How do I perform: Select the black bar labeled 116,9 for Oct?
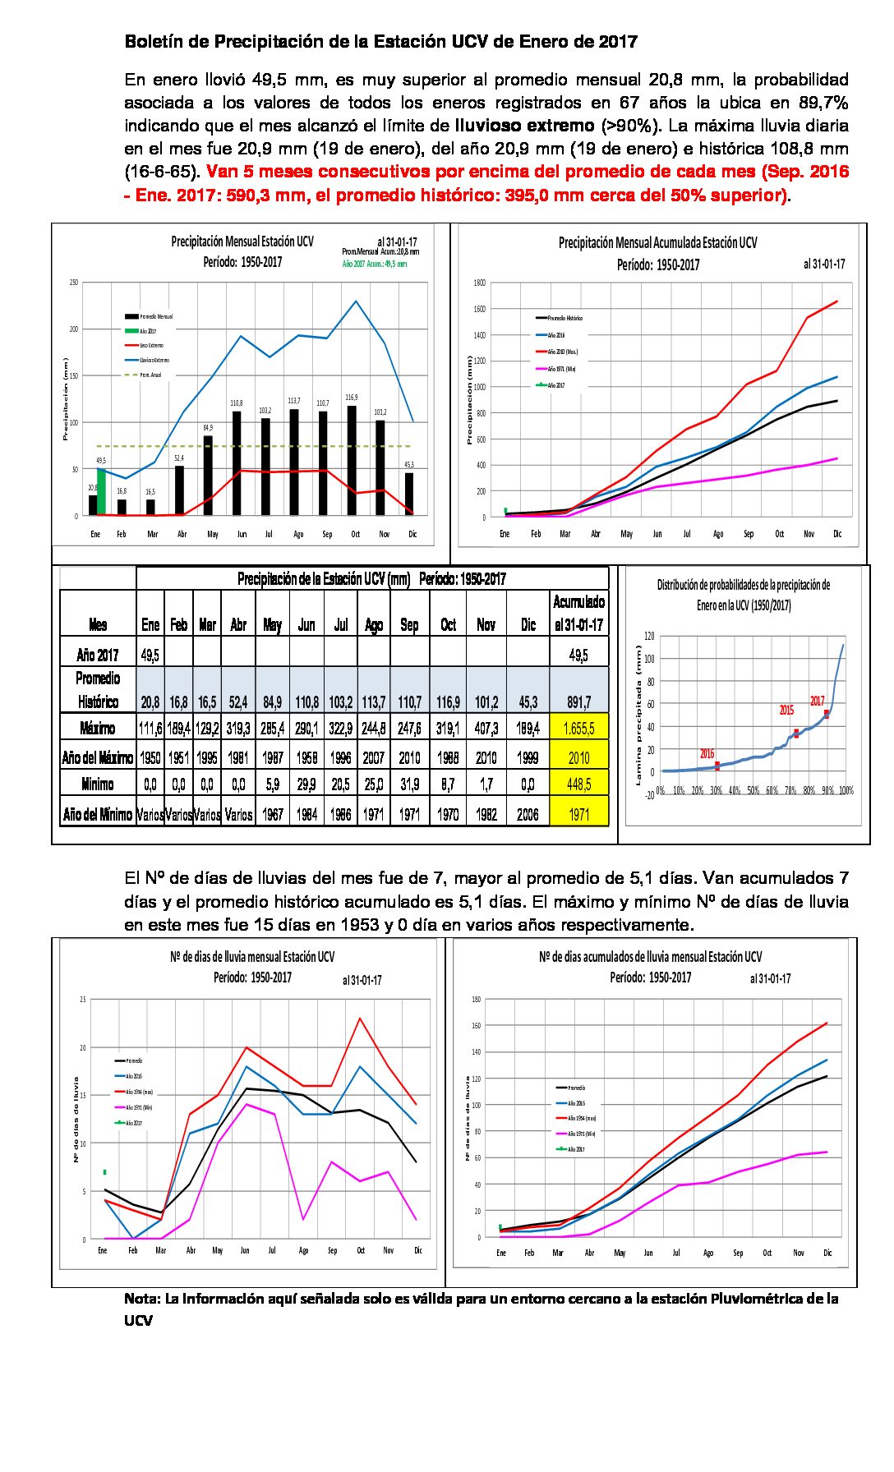tap(352, 461)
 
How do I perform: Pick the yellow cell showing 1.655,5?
tap(578, 728)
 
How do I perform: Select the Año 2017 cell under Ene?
tap(150, 655)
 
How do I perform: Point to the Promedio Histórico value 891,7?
tap(578, 702)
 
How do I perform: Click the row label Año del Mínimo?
tap(98, 814)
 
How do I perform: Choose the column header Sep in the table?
tap(409, 625)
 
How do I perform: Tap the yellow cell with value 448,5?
tap(578, 784)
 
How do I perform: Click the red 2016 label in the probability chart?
tap(707, 753)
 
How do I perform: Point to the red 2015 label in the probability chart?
tap(786, 710)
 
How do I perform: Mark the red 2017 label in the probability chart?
tap(817, 701)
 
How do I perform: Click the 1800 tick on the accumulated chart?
tap(480, 283)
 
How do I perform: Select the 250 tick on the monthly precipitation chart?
tap(74, 283)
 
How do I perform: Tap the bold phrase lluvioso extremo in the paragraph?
tap(524, 126)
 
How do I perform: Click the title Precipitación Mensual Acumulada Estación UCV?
tap(657, 242)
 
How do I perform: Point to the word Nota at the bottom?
tap(141, 1299)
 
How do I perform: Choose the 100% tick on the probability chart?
tap(846, 790)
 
